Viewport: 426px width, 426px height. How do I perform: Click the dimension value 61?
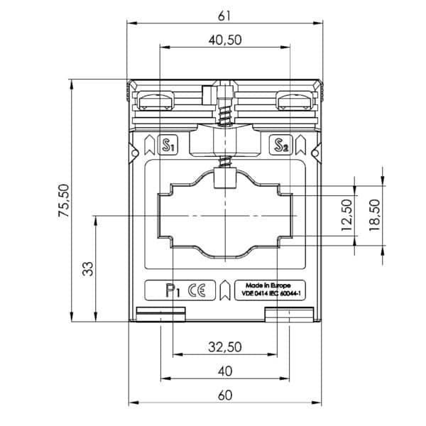pos(224,16)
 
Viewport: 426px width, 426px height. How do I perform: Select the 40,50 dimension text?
pos(225,40)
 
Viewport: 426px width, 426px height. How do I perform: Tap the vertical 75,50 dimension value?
pos(64,200)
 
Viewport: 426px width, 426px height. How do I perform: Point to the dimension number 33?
pos(88,269)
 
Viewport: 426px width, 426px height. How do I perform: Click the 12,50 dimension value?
pos(346,215)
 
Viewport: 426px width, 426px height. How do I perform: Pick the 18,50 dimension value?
pos(374,215)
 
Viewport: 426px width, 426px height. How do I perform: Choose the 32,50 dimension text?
pos(225,347)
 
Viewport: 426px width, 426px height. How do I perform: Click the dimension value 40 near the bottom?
pos(225,371)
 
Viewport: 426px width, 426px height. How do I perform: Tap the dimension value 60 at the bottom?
pos(225,395)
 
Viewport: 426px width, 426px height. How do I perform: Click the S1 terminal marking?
pos(168,145)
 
